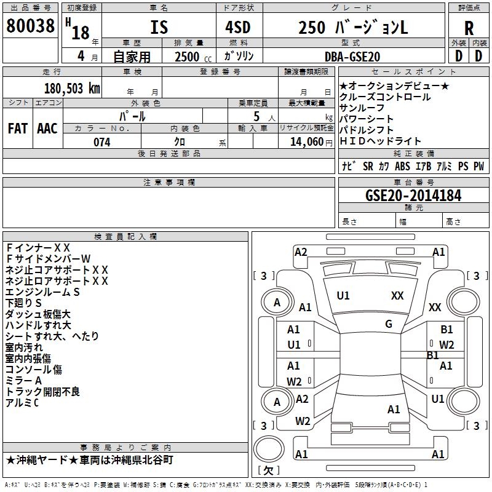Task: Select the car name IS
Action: point(159,28)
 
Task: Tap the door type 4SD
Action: point(233,28)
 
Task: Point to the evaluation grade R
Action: point(469,28)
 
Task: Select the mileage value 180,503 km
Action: point(72,88)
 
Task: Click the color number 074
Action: point(101,142)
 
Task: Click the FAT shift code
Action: point(17,128)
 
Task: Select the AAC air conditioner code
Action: point(47,128)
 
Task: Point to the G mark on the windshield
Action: point(388,324)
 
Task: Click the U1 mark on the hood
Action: point(343,296)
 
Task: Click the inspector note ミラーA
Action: point(23,381)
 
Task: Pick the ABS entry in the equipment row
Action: point(402,167)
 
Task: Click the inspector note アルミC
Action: point(22,403)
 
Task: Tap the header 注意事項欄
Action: point(169,183)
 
